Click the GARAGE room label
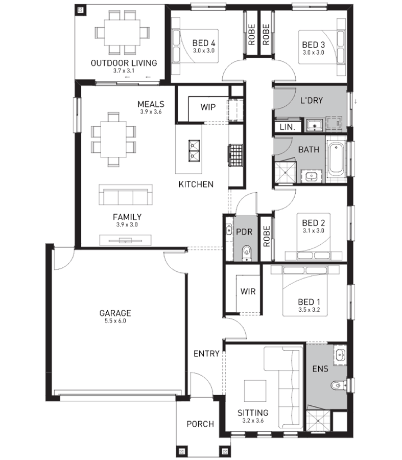pos(115,313)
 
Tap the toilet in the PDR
pos(247,253)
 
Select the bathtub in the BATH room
pos(336,159)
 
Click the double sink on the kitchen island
pos(194,150)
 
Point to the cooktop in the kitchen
pos(236,155)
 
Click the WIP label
pos(208,107)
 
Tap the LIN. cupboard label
pos(288,127)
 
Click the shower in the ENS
pos(318,421)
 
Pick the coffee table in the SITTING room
pos(255,391)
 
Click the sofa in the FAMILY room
pos(126,195)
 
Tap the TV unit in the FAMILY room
pos(126,240)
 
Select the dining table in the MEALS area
pos(113,140)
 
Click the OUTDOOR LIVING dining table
pos(122,32)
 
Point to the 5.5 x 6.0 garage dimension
pos(115,321)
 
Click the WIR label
pos(248,292)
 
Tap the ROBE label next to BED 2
pos(267,236)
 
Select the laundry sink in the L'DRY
pos(315,125)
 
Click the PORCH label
pos(200,424)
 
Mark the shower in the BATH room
pos(285,172)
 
